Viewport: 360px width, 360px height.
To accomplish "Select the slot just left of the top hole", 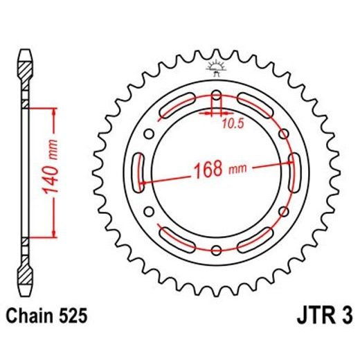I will (178, 105).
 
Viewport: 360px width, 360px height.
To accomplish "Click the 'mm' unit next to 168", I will (237, 168).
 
